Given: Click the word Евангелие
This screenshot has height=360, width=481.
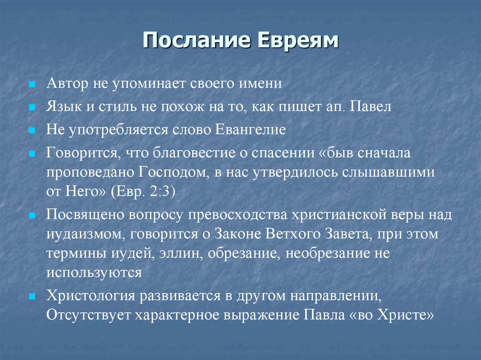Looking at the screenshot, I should click(251, 130).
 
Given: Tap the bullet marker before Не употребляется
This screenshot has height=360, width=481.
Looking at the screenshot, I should click(31, 131).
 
